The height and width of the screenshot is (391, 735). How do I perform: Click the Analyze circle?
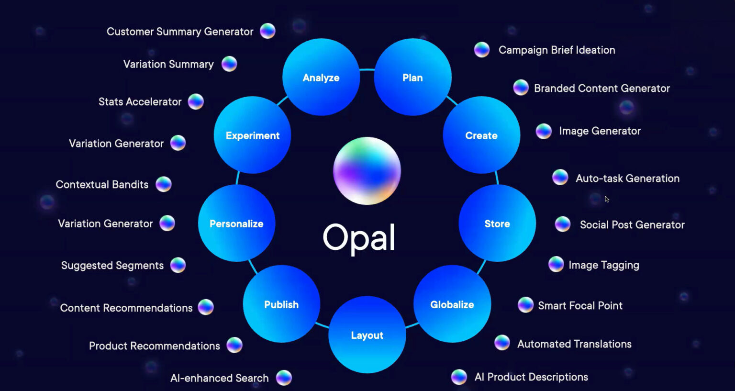pos(321,77)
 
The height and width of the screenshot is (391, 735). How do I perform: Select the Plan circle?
pos(412,77)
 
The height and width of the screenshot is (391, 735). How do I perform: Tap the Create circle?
pos(481,135)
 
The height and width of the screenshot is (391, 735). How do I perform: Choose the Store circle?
pos(497,223)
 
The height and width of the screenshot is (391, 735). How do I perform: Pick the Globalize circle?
pos(452,304)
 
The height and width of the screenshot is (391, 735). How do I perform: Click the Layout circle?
pos(367,335)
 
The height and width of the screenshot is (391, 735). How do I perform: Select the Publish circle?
pos(281,304)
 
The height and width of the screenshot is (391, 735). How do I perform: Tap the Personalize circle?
pos(236,223)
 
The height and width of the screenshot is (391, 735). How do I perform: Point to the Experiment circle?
pos(252,135)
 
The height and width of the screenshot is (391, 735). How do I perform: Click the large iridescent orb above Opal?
pos(367,171)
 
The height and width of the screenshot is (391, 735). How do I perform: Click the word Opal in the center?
pos(359,237)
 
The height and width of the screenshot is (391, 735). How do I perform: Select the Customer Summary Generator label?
pos(180,32)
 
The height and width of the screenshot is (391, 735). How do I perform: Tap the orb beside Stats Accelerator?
pos(196,101)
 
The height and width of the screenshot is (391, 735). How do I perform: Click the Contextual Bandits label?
pos(102,184)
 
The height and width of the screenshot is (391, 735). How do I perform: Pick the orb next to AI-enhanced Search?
pos(284,378)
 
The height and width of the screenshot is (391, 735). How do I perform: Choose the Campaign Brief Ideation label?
pos(557,50)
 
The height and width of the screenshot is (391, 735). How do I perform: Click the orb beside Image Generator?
pos(544,131)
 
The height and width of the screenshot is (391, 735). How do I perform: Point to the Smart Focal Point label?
pos(580,305)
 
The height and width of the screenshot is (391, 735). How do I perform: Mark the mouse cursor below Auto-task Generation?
pos(607,199)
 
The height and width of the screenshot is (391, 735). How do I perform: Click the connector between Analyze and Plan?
pos(367,70)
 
